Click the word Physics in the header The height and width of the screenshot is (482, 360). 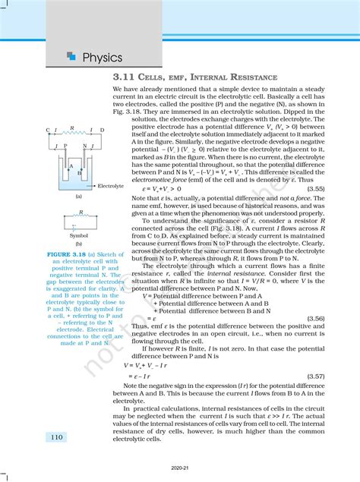(x=103, y=57)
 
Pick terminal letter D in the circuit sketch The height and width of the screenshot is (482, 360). (x=103, y=130)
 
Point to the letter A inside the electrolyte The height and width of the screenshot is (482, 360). (x=71, y=166)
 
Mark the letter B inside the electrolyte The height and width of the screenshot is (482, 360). (x=79, y=173)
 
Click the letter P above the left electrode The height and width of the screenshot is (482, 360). (x=65, y=144)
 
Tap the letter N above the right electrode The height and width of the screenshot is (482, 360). (x=84, y=144)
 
